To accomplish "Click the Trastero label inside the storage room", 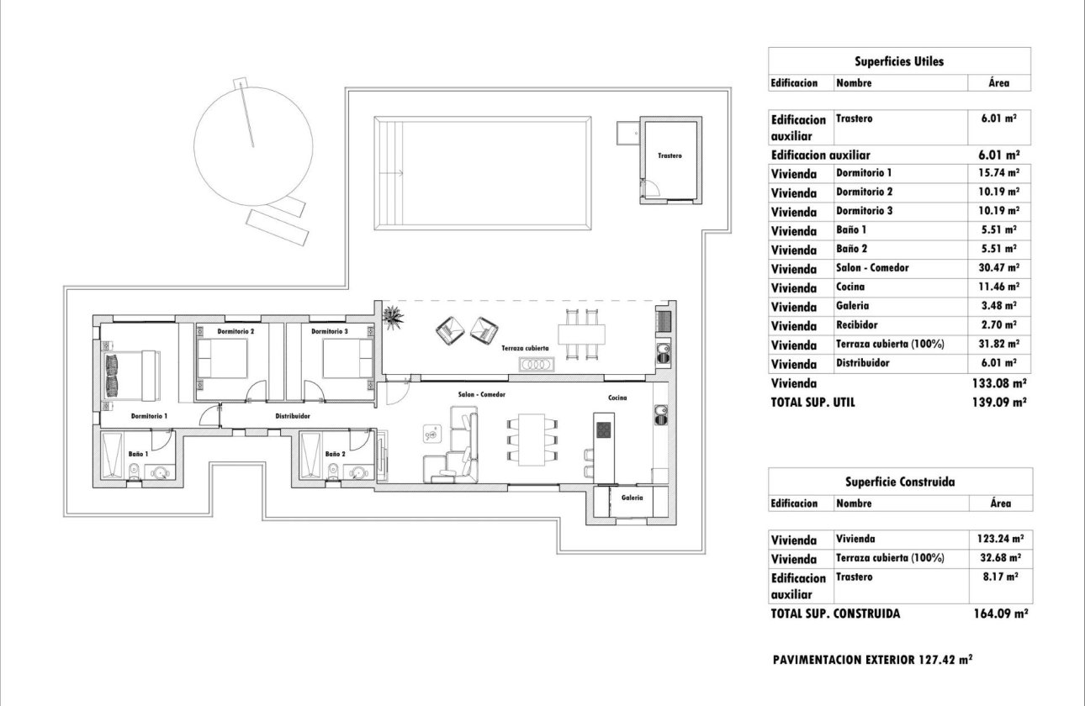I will tap(670, 156).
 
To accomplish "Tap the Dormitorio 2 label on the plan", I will tap(236, 332).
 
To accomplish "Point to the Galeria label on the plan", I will tap(632, 498).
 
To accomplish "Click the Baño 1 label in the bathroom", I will tap(139, 454).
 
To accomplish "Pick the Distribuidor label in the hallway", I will tap(294, 416).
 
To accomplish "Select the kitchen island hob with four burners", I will tap(604, 430).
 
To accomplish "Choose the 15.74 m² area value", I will tap(999, 172).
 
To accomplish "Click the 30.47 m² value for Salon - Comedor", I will tap(999, 268).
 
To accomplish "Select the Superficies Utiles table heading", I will tap(899, 61).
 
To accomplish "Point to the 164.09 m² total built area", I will tap(1000, 614).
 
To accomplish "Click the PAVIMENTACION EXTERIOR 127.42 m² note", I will tap(872, 660).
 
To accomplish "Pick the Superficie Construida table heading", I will tap(899, 482).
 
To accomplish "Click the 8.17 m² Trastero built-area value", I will tap(999, 577).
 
